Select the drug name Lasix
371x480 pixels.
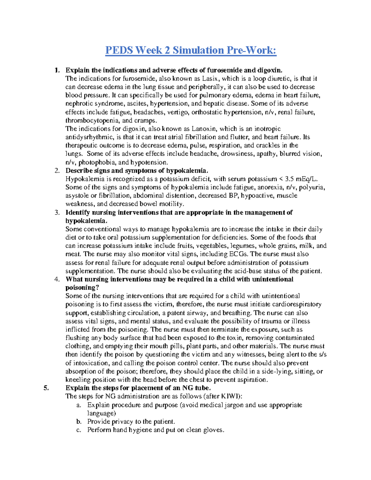(x=210, y=79)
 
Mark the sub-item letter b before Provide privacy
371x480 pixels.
(x=79, y=422)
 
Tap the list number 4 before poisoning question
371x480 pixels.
(x=57, y=279)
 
